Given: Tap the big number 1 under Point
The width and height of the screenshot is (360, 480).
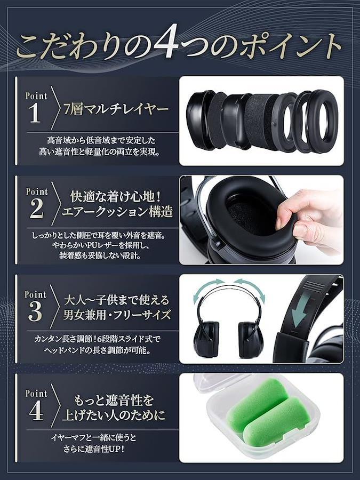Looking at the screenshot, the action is tap(35, 113).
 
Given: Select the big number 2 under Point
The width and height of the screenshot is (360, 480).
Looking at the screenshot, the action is tap(36, 208).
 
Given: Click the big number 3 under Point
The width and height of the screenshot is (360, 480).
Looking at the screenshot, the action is tap(35, 311).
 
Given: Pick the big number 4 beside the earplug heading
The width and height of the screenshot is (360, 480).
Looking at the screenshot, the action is tap(36, 410).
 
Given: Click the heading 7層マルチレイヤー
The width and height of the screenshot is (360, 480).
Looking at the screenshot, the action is tap(116, 109).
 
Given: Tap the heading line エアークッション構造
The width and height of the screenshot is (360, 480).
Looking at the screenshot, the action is tap(117, 212).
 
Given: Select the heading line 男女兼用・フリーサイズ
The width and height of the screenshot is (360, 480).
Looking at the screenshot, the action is tap(117, 314).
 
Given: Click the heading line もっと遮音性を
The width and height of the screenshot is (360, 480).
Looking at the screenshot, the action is tap(114, 400).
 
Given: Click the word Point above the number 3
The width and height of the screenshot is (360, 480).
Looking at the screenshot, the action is tap(36, 294).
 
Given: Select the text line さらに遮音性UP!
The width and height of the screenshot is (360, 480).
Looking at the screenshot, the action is tap(94, 449).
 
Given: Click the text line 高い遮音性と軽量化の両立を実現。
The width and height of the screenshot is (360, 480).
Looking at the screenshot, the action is tap(100, 151).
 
